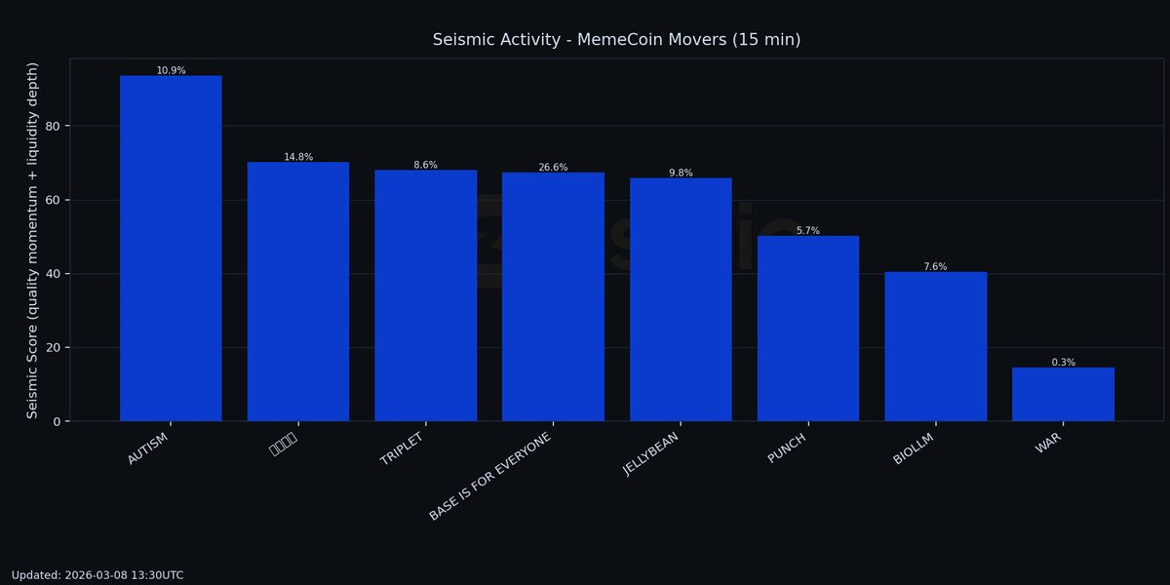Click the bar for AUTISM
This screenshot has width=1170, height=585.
[x=171, y=249]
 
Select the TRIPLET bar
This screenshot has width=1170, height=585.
[x=425, y=295]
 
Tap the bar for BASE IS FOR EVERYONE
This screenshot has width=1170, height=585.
[x=553, y=296]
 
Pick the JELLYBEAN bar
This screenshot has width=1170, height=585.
[x=681, y=299]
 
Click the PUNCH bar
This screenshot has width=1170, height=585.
[x=807, y=329]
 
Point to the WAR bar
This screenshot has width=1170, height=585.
[x=1063, y=394]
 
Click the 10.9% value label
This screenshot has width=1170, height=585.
[x=171, y=70]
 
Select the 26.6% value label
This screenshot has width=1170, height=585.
[x=553, y=168]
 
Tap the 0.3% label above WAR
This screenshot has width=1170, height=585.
[x=1063, y=363]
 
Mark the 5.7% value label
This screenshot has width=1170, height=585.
[x=807, y=231]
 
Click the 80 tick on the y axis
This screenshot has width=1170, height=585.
[x=53, y=126]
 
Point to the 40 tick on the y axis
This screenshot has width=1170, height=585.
[x=53, y=274]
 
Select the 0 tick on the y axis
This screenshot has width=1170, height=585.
[x=57, y=421]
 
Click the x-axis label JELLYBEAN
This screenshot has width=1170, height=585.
[x=651, y=453]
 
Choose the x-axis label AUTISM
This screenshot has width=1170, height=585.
[x=148, y=448]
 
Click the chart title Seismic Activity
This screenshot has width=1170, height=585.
[x=616, y=40]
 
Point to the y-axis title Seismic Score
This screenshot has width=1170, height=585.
[x=32, y=240]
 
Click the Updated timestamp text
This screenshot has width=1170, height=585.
[x=97, y=575]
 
